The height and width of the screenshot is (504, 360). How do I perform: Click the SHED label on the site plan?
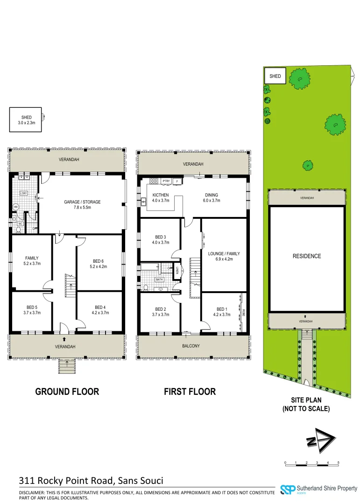click(275, 76)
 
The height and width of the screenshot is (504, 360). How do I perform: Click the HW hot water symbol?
click(15, 207)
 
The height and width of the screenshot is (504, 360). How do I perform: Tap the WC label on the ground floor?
click(20, 224)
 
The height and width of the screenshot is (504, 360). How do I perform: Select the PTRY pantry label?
click(166, 181)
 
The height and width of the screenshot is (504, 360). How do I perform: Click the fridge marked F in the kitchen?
click(176, 181)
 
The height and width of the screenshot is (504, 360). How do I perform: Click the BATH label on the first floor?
click(159, 280)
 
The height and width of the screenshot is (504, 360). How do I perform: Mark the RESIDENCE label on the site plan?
click(307, 256)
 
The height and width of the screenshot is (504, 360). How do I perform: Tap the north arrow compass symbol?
click(321, 440)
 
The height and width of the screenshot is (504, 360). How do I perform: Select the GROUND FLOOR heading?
click(67, 392)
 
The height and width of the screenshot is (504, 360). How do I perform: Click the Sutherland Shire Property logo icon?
click(287, 490)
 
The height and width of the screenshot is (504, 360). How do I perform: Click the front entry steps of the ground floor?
click(67, 366)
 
